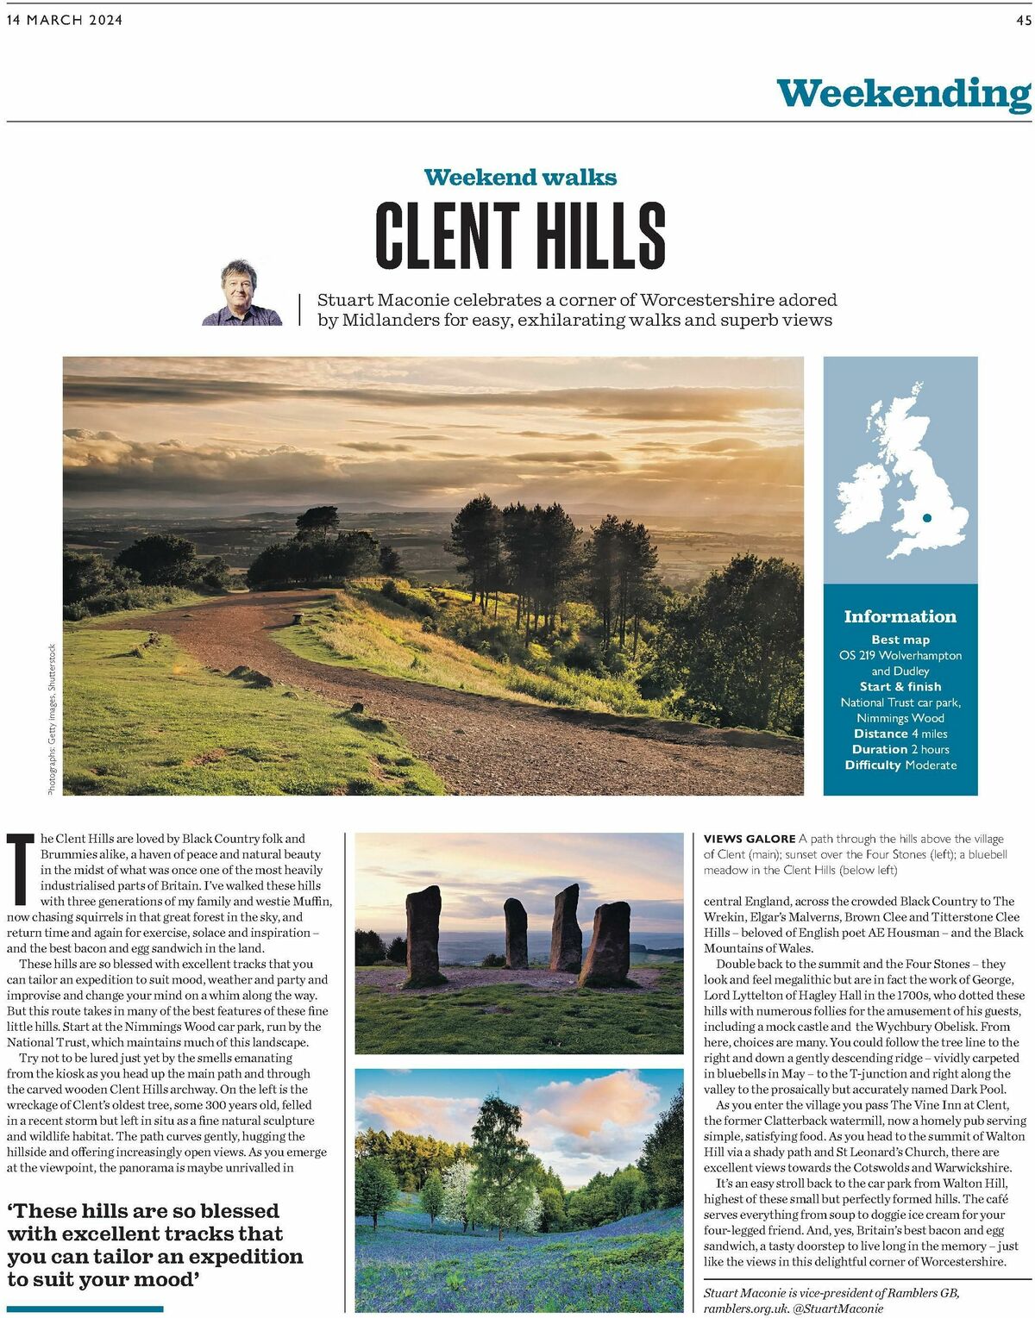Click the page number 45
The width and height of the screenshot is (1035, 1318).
pyautogui.click(x=1023, y=21)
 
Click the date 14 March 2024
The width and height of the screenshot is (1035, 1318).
pyautogui.click(x=65, y=21)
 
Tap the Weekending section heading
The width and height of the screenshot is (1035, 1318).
pyautogui.click(x=903, y=93)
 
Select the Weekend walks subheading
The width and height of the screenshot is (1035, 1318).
pyautogui.click(x=520, y=178)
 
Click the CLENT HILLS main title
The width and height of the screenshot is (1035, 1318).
pyautogui.click(x=520, y=234)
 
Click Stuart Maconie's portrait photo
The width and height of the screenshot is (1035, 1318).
pyautogui.click(x=242, y=293)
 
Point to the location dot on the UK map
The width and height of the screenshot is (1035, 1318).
pyautogui.click(x=927, y=518)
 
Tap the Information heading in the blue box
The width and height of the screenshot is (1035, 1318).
pyautogui.click(x=900, y=616)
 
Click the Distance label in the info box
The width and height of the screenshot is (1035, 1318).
pyautogui.click(x=880, y=734)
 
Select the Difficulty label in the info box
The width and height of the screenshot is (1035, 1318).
pyautogui.click(x=873, y=765)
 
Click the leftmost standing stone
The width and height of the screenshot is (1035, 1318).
pyautogui.click(x=423, y=935)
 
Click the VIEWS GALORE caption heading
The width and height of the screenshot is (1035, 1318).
pyautogui.click(x=750, y=839)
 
